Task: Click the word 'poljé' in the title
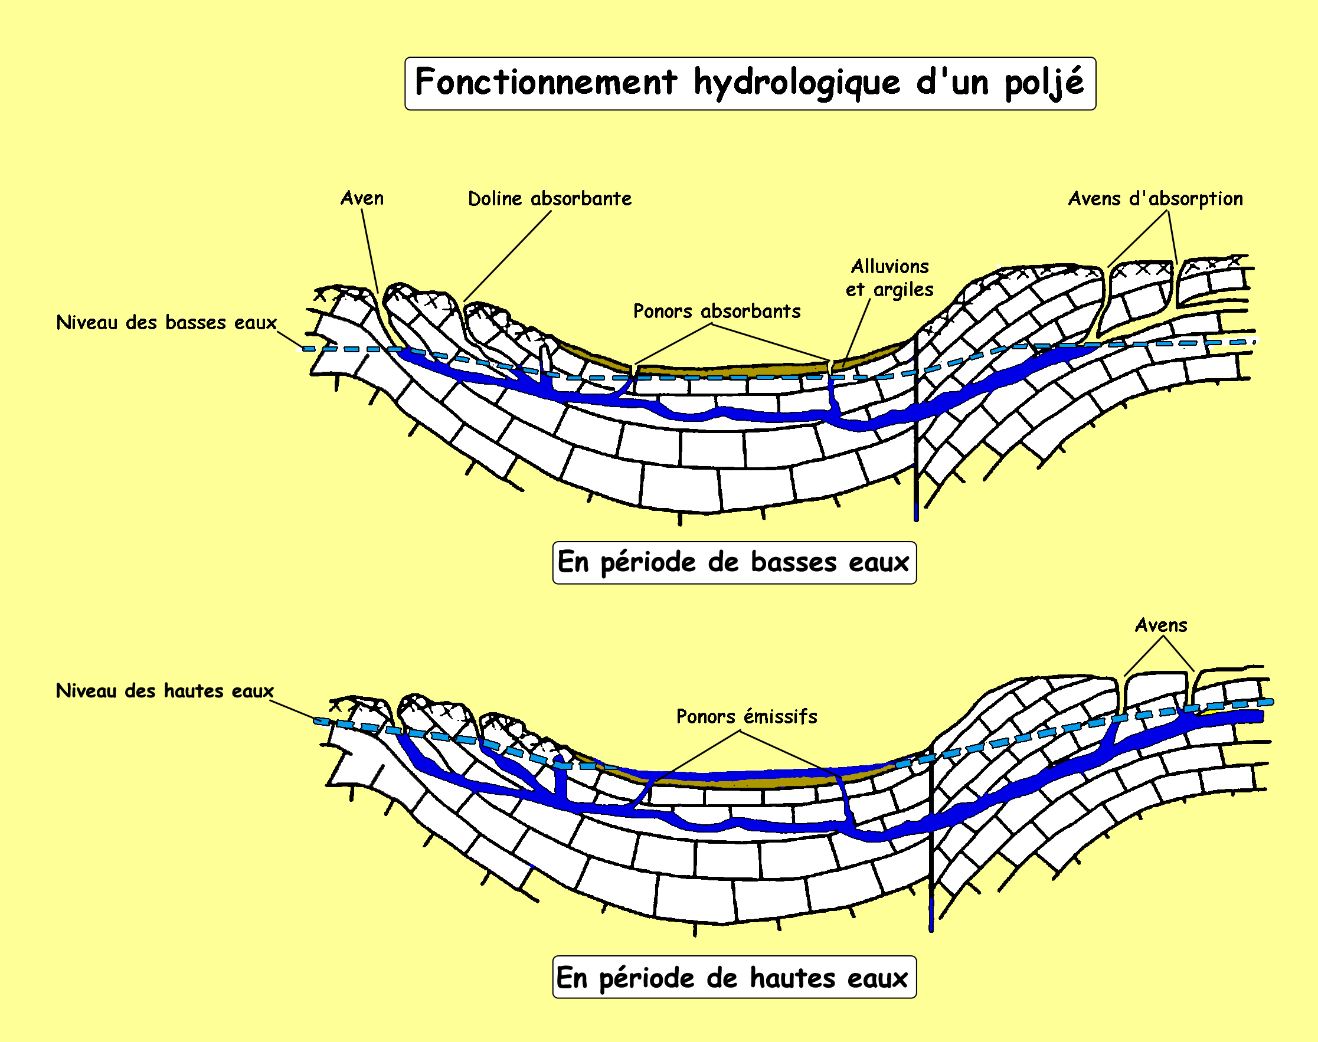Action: (x=1044, y=83)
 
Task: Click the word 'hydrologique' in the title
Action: (x=796, y=83)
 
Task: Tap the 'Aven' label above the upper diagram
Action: (x=362, y=198)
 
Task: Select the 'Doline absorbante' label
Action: (x=550, y=199)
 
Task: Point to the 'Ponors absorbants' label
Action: (x=717, y=312)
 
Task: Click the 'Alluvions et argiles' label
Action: (x=889, y=278)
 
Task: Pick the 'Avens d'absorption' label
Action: (x=1155, y=199)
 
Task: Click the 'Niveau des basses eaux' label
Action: (x=166, y=323)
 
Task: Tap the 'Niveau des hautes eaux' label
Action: (x=165, y=690)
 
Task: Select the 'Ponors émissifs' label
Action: (x=747, y=716)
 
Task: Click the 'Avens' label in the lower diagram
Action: (x=1161, y=625)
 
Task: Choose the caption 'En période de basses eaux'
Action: (x=734, y=562)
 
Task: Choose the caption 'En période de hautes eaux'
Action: (x=734, y=978)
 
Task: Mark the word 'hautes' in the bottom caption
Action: (x=792, y=978)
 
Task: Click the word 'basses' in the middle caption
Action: (x=793, y=562)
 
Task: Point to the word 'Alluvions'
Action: (x=890, y=267)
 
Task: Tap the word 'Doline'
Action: (x=495, y=199)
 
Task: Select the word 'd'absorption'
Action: (x=1186, y=199)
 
